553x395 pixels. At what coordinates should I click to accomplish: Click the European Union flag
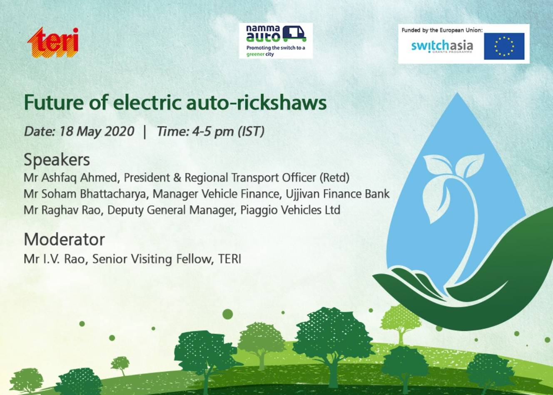[x=504, y=46]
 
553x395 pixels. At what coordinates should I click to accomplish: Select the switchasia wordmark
[x=442, y=46]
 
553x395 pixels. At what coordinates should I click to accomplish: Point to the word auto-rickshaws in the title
[x=269, y=102]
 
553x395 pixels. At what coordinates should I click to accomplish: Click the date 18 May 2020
[x=97, y=131]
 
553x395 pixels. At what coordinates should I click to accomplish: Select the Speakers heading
[x=57, y=160]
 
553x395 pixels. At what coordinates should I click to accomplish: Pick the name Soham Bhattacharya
[x=95, y=194]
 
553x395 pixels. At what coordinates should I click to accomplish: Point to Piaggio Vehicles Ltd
[x=290, y=210]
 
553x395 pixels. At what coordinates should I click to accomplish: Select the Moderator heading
[x=64, y=239]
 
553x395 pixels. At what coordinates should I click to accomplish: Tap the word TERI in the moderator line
[x=229, y=259]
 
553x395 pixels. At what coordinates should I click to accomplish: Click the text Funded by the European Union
[x=442, y=30]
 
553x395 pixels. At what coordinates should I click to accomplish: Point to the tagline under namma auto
[x=275, y=51]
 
